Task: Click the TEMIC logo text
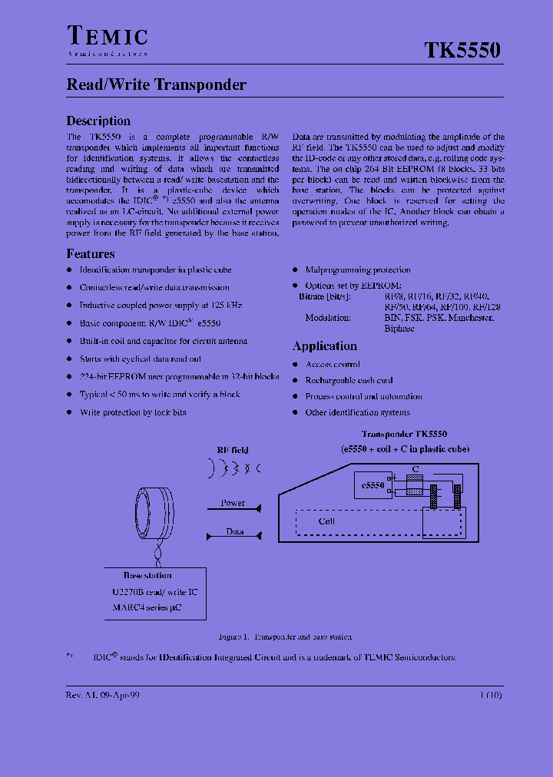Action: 107,37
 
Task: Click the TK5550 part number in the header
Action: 462,51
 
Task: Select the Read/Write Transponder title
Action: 156,85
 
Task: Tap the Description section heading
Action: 98,121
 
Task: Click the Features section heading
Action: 91,253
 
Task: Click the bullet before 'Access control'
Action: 296,365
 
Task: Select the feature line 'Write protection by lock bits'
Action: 133,412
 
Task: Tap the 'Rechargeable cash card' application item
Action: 349,381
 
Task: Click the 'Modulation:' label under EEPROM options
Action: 328,318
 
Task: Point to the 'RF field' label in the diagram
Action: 232,450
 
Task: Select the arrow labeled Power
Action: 233,508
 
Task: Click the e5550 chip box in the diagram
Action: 373,486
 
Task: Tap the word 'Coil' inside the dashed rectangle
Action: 327,521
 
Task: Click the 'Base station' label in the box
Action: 147,575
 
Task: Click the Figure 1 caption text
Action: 285,637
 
